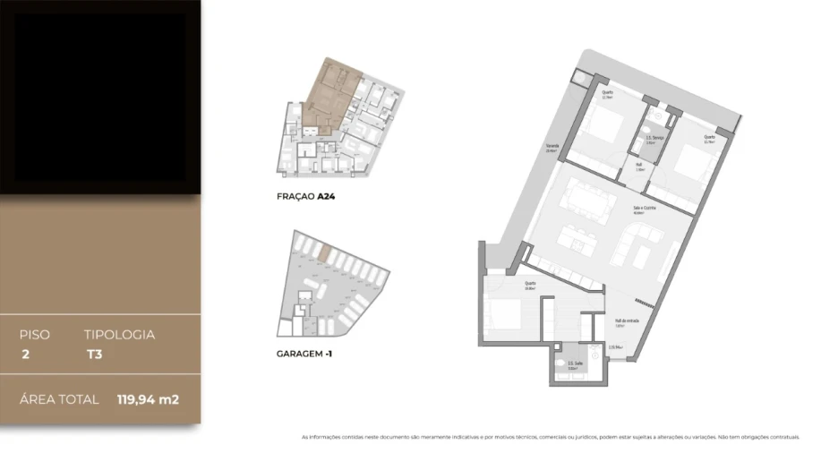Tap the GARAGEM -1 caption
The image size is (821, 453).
click(307, 354)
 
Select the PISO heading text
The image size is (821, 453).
click(35, 335)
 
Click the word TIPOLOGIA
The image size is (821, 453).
click(119, 335)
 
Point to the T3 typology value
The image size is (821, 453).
click(93, 354)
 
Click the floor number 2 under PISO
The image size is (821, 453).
click(24, 354)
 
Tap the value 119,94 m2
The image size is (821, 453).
click(148, 399)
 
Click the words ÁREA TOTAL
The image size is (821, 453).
click(59, 399)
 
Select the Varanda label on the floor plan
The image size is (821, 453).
click(553, 149)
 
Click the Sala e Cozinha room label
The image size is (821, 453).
click(638, 209)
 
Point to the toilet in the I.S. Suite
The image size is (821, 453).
click(562, 364)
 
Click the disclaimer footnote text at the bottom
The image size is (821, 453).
click(550, 437)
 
